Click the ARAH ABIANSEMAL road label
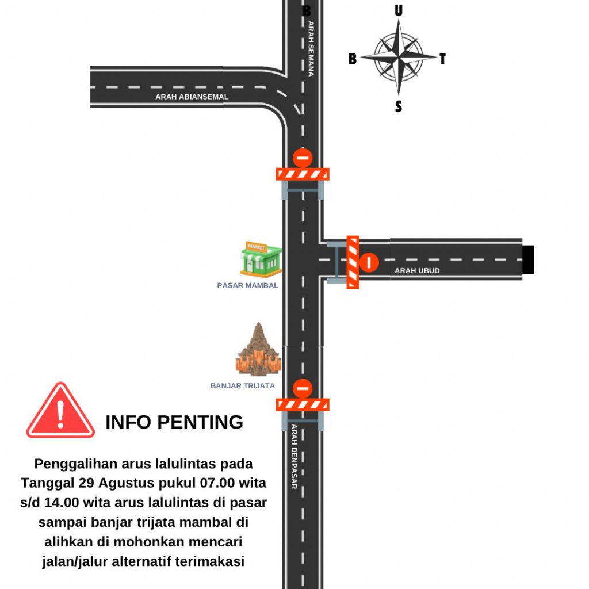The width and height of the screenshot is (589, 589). [x=192, y=97]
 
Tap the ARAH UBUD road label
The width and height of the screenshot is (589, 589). [x=417, y=270]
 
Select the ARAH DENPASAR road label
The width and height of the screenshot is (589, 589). [x=294, y=456]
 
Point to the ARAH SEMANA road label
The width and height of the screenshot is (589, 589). [x=311, y=49]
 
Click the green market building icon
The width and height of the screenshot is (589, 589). [x=261, y=259]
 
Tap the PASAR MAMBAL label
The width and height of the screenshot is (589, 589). [x=247, y=285]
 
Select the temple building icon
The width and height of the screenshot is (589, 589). [x=258, y=349]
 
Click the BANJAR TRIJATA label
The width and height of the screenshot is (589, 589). [x=243, y=386]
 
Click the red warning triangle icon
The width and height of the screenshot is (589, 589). [x=60, y=411]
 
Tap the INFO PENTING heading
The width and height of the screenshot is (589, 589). [x=174, y=422]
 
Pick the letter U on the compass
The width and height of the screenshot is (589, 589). [x=399, y=10]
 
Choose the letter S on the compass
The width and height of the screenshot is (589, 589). [x=399, y=106]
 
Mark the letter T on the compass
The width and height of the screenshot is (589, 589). [x=442, y=59]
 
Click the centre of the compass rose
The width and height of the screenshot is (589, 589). [x=399, y=57]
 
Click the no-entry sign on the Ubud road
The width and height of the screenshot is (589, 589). [x=369, y=262]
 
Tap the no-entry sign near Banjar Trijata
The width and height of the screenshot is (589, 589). [x=303, y=388]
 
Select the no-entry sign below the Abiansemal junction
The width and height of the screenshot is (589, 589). [x=303, y=158]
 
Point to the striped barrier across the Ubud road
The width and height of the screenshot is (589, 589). [x=353, y=262]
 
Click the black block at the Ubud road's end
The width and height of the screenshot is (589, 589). [x=528, y=259]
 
